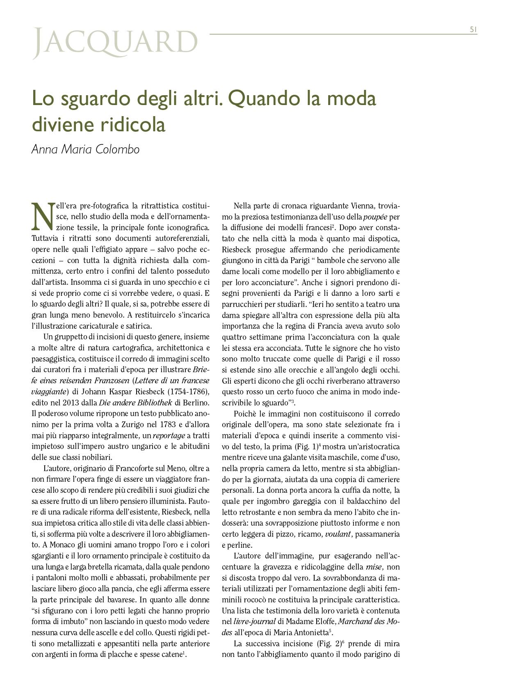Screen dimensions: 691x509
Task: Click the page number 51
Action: [x=473, y=29]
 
